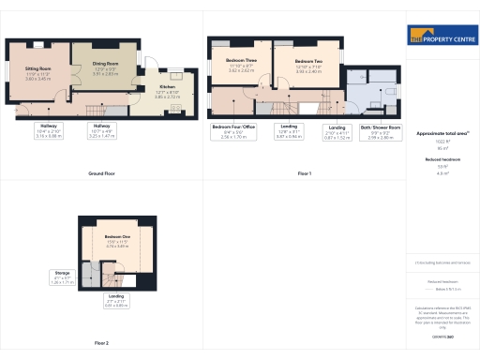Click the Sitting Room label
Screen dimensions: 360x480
37,73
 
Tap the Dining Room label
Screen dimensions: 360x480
105,67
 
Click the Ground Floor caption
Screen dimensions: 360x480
101,174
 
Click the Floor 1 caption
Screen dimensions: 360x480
304,174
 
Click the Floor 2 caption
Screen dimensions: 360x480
101,344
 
